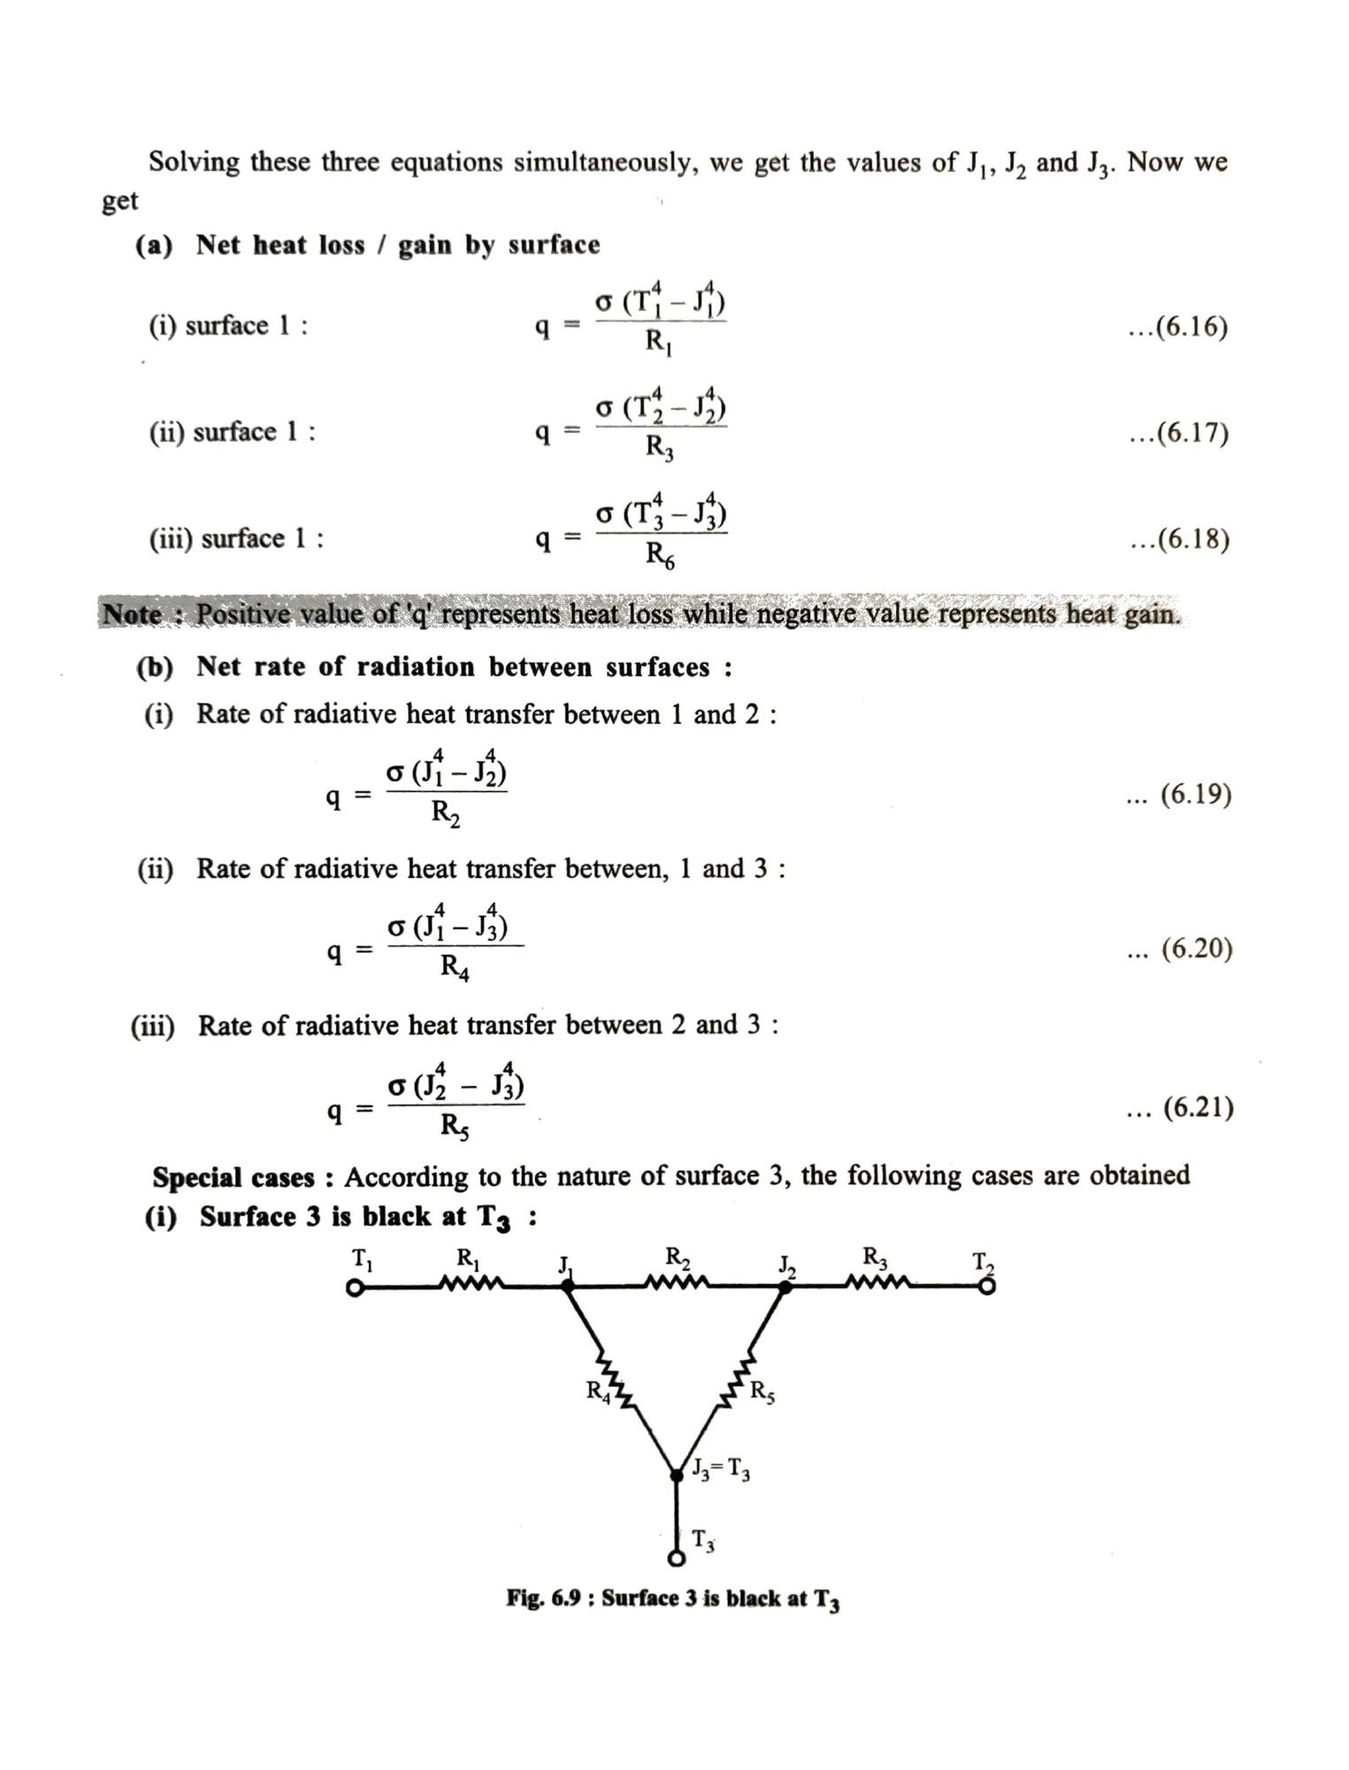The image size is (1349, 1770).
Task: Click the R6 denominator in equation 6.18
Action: [x=659, y=556]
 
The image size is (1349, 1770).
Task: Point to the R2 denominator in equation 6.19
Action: [x=445, y=812]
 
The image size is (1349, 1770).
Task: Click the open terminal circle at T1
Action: [x=355, y=1289]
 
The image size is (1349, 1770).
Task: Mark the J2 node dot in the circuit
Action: [x=785, y=1286]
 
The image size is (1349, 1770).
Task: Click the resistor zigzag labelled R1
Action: [x=471, y=1283]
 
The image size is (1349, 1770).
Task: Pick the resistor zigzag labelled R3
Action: [x=877, y=1282]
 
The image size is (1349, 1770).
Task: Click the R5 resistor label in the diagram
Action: [x=762, y=1393]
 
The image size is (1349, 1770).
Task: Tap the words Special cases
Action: [x=234, y=1178]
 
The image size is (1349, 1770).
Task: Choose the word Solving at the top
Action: [x=194, y=163]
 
